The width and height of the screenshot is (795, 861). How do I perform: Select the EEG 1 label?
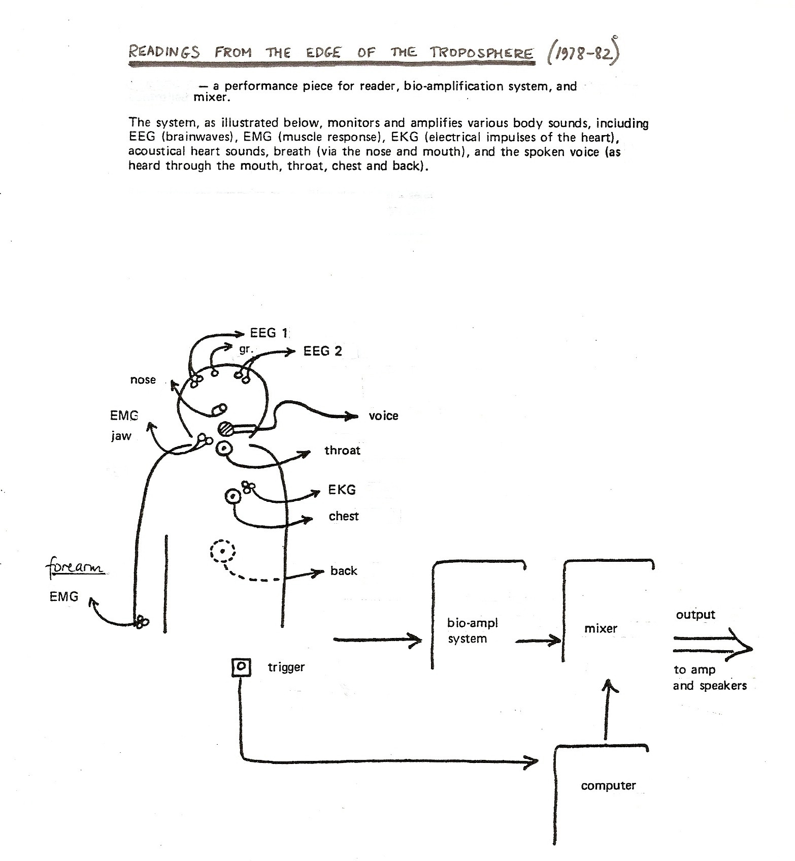269,333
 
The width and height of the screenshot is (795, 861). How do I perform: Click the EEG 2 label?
323,351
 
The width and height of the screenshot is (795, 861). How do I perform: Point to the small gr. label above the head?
246,349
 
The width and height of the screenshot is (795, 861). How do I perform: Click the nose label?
143,380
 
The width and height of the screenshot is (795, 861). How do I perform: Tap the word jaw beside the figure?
121,436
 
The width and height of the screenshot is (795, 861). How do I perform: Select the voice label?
384,416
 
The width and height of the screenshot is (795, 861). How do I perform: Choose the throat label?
343,450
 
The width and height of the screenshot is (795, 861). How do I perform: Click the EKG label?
342,490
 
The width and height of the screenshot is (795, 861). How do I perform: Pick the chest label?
344,516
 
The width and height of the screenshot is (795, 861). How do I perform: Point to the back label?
344,570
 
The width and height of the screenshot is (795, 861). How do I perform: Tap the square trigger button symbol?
242,666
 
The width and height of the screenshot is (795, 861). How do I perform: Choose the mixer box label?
601,628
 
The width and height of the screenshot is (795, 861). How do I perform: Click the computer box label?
608,786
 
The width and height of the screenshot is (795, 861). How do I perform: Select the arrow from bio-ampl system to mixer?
539,641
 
